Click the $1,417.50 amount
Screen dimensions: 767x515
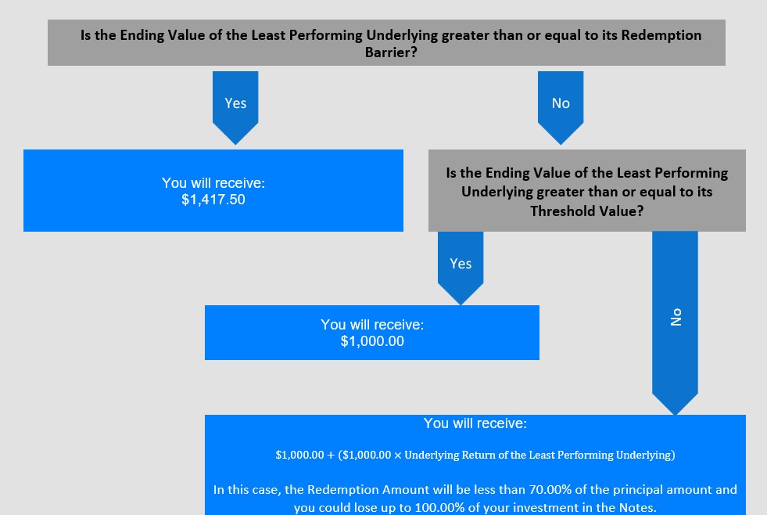click(213, 200)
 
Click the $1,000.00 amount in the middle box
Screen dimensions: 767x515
click(372, 341)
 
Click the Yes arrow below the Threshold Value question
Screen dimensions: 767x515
click(461, 268)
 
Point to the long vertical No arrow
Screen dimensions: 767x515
click(675, 323)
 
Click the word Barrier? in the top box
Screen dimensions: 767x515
click(391, 52)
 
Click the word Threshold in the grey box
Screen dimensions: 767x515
click(554, 211)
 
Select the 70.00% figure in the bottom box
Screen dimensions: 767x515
click(550, 489)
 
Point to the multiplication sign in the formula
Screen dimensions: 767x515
click(397, 456)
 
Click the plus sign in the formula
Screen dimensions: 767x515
click(331, 456)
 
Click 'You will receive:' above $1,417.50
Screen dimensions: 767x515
click(213, 183)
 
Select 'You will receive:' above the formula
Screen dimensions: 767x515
click(475, 423)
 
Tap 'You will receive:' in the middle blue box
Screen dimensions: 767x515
click(372, 325)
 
